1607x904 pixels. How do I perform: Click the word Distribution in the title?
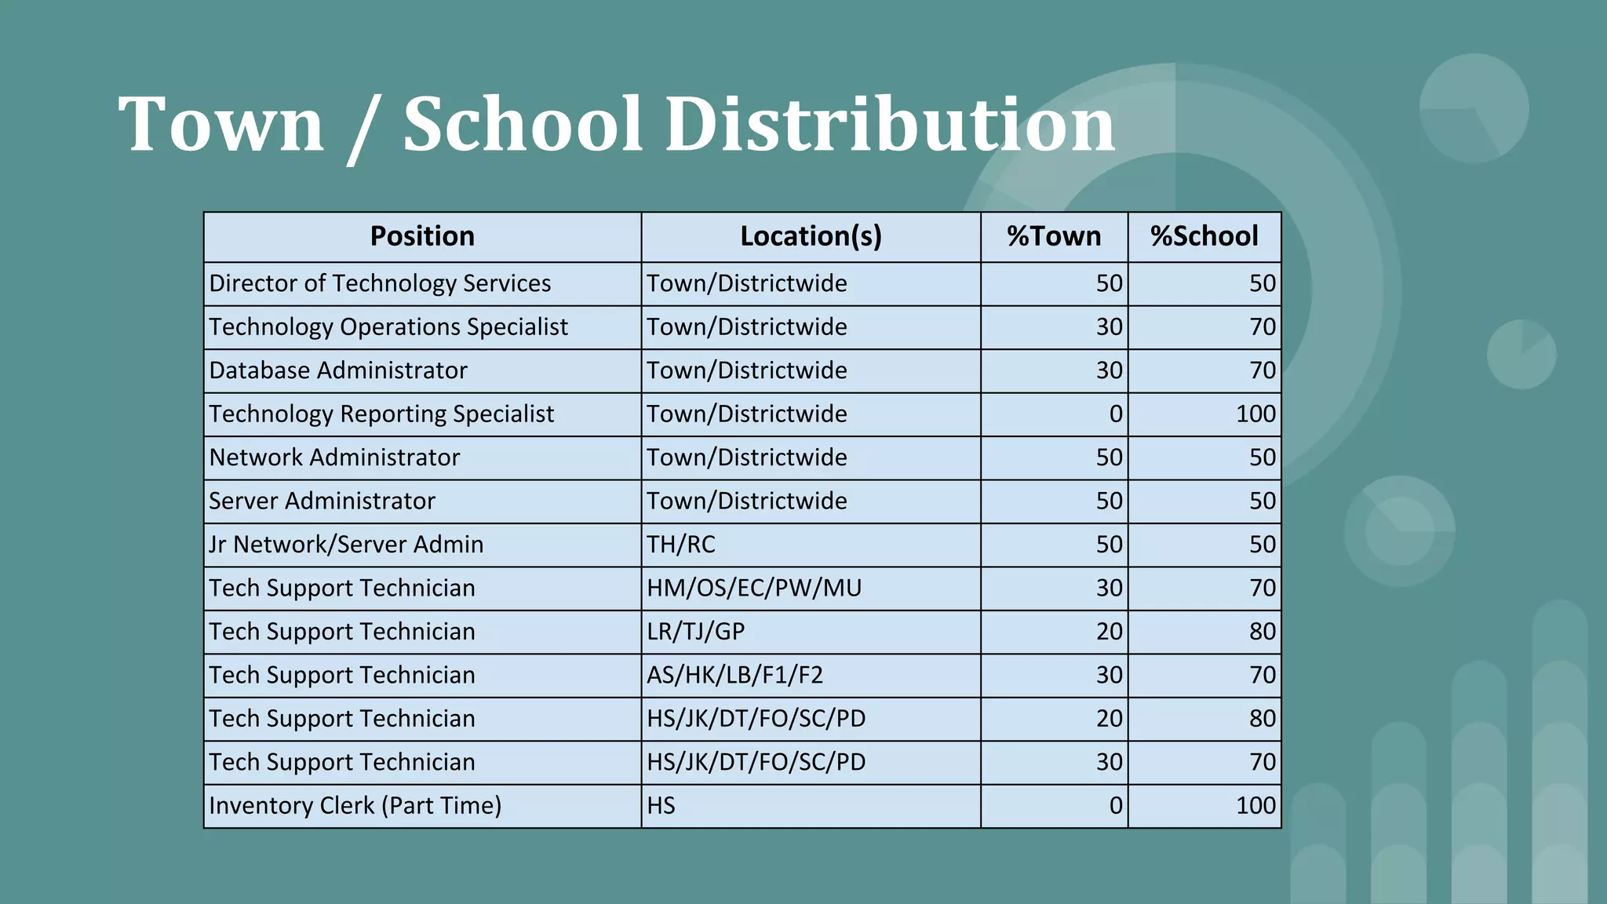(890, 124)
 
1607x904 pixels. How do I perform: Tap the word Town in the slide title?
(220, 124)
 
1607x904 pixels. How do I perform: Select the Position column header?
(422, 236)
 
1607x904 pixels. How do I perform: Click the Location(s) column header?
(811, 236)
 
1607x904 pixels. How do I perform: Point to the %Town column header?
(1054, 236)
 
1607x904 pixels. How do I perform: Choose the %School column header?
(1204, 236)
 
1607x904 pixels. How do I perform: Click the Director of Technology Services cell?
(380, 283)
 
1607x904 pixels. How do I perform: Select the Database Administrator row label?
(338, 370)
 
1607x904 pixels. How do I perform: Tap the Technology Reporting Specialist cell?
(381, 414)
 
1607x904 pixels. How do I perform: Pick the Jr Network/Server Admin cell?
(346, 545)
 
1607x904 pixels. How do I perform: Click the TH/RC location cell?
(681, 545)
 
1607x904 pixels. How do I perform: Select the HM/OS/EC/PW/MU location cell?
(754, 588)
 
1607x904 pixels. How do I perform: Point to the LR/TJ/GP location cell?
(696, 632)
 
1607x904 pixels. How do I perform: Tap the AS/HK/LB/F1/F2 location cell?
(735, 675)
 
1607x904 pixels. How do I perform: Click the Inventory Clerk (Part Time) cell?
(355, 806)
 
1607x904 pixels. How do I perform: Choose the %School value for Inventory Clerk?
(1255, 806)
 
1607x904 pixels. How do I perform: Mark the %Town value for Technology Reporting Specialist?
(1115, 414)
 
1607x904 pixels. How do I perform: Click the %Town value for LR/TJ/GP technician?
(1109, 632)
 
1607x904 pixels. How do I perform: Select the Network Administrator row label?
(334, 457)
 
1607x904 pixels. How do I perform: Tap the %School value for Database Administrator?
(1262, 370)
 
